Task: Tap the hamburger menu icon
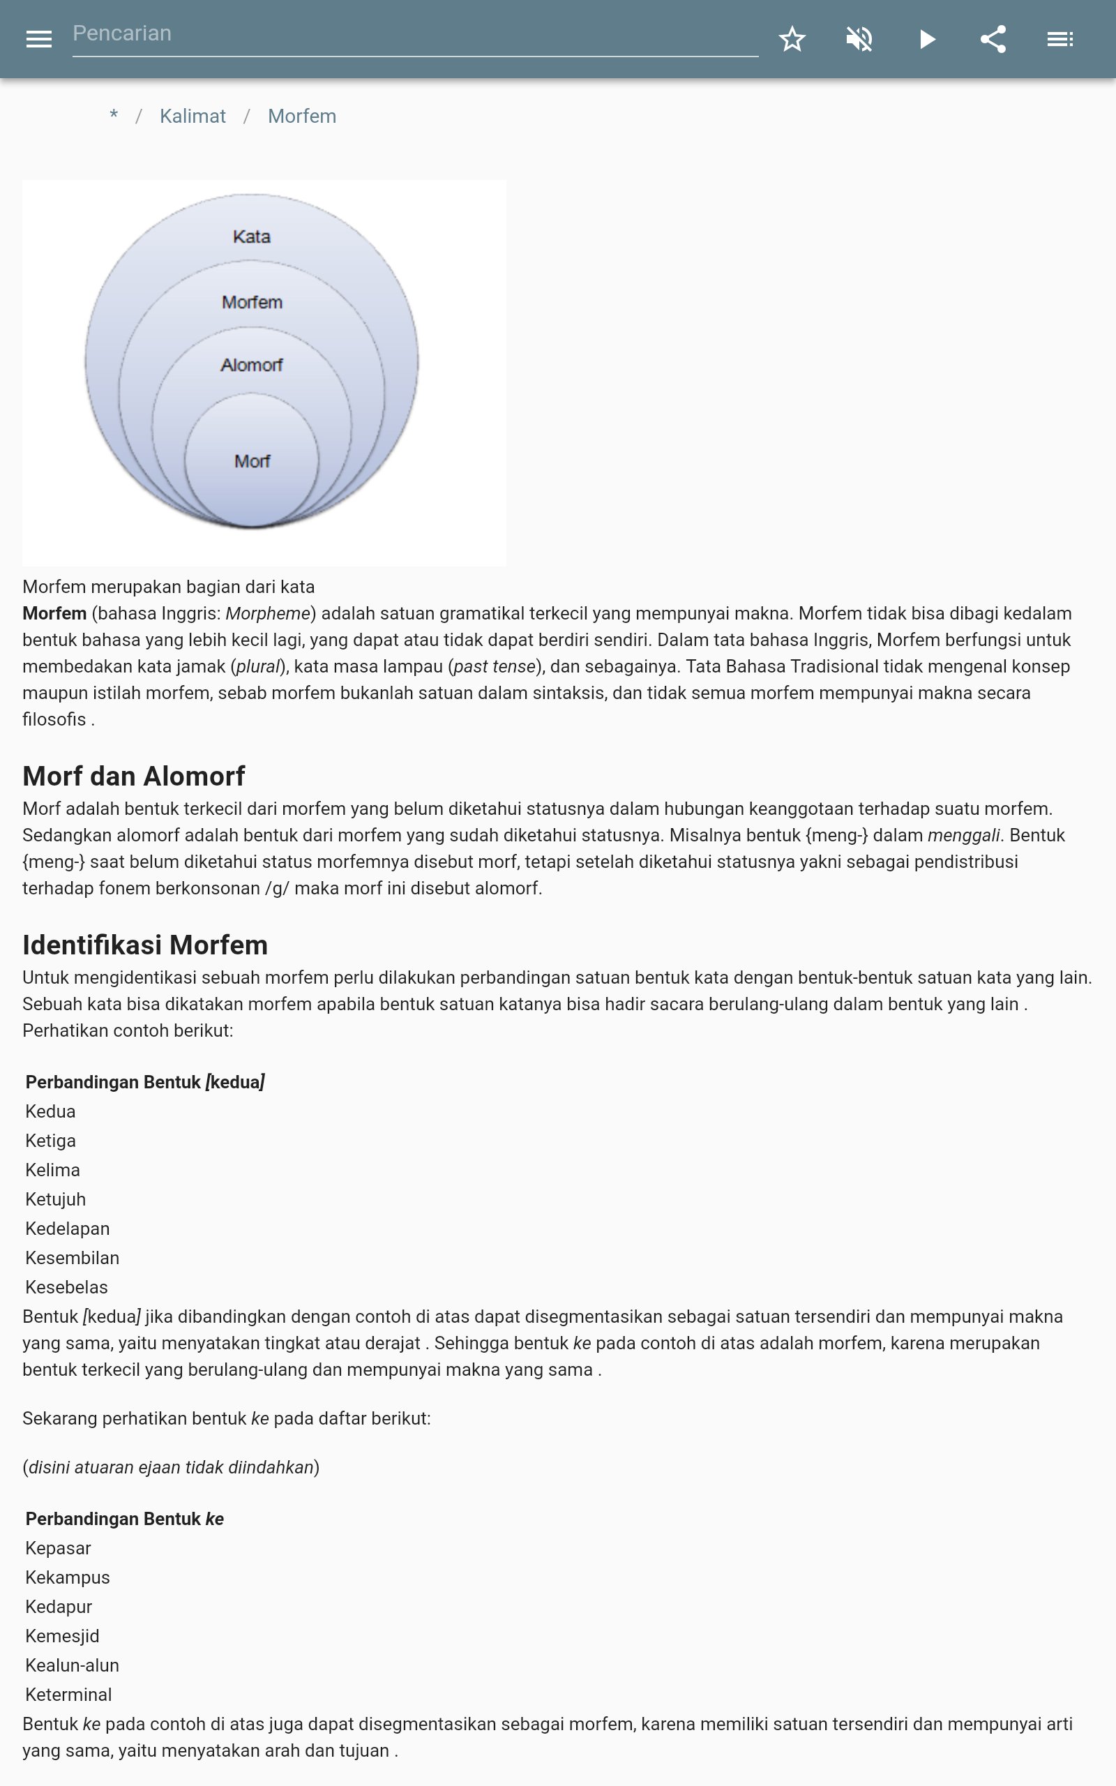point(38,39)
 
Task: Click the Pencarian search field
point(414,34)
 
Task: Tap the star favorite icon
point(792,39)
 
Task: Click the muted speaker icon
point(859,39)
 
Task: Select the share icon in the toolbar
point(993,39)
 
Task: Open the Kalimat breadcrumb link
point(193,117)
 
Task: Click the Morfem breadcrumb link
point(302,117)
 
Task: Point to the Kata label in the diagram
point(252,237)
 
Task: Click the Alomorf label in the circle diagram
point(252,365)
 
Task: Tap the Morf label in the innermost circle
point(252,461)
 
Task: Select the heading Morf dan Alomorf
point(134,776)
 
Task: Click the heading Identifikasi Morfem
point(144,945)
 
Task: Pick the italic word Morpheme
point(268,614)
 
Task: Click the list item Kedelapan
point(67,1229)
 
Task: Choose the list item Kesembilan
point(73,1259)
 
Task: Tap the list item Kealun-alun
point(73,1666)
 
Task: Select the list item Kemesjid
point(62,1636)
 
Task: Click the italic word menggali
point(963,835)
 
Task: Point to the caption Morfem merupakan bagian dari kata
point(168,587)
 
